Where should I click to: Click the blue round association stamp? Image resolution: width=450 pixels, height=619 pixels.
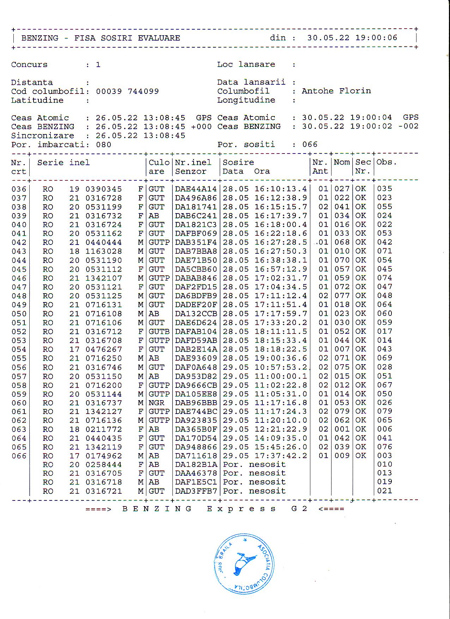coord(244,564)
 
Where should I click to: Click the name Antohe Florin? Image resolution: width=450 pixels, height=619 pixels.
coord(336,91)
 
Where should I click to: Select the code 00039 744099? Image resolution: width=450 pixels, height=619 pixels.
coord(127,91)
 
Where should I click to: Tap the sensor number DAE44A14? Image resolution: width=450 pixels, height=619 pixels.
coord(196,189)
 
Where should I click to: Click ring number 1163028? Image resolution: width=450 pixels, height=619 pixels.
coord(104,251)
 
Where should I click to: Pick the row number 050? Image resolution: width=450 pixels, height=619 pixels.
coord(19,314)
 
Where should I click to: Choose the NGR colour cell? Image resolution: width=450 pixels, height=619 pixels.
coord(156,403)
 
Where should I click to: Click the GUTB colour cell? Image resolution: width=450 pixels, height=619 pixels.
coord(159,332)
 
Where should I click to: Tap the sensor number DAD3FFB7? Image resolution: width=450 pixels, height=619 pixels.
coord(196,491)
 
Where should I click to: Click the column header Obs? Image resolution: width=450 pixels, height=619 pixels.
coord(387,162)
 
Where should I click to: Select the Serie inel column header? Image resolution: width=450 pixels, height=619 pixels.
coord(63,163)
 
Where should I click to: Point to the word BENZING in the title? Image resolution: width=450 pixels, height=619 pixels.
coord(40,38)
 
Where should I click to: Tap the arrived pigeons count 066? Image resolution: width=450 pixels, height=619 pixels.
coord(310,144)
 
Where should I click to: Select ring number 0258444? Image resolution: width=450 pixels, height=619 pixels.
coord(104,465)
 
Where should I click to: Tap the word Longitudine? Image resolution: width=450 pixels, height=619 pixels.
coord(246,100)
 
